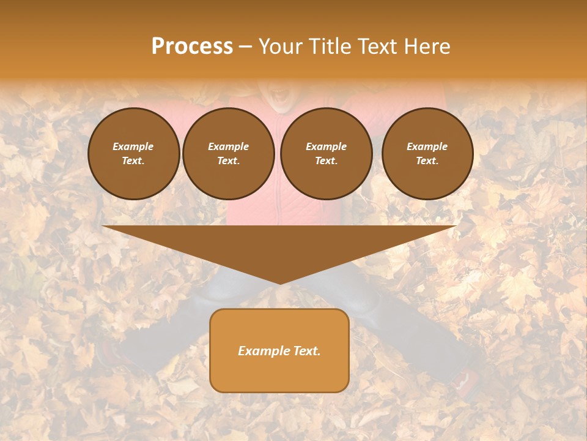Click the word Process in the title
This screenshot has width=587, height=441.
(x=192, y=47)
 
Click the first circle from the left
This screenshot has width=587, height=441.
(x=133, y=154)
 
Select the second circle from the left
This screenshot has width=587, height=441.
(x=229, y=154)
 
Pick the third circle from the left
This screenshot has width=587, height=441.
(x=326, y=154)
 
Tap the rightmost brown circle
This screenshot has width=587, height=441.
(x=427, y=154)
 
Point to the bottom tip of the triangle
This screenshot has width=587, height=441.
(x=279, y=283)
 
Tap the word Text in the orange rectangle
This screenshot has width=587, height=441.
(x=306, y=351)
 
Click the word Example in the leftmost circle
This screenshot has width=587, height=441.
(x=133, y=146)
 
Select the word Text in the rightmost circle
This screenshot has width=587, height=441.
(x=427, y=161)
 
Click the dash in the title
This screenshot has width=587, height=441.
(x=246, y=47)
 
